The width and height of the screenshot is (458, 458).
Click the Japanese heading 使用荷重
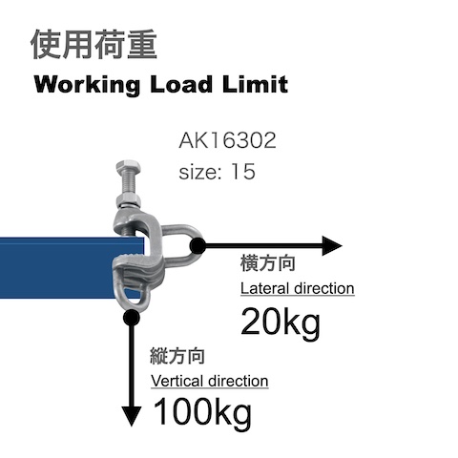pos(94,45)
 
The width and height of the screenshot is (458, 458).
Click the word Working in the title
pos(87,85)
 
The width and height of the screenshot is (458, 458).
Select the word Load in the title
pos(181,85)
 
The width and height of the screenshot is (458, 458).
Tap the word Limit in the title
pos(255,84)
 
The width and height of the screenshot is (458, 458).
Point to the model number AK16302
pos(227,140)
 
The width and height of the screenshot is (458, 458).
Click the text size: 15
pos(217,172)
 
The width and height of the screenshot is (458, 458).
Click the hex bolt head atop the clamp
pos(128,166)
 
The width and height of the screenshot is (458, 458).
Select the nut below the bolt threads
pos(129,200)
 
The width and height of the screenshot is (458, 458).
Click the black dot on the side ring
pos(198,245)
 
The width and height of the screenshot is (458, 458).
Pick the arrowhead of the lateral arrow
pos(332,245)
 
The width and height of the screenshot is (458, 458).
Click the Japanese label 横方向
pos(268,263)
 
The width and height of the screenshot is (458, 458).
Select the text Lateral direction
pos(297,289)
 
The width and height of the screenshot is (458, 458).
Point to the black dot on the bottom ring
pos(131,317)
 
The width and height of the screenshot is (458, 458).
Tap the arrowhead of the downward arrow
pos(132,416)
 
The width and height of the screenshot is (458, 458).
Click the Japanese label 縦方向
pos(177,356)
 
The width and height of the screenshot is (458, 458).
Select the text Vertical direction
pos(210,381)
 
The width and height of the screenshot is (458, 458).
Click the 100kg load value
pos(202,412)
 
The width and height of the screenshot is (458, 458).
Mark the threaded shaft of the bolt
pos(128,183)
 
